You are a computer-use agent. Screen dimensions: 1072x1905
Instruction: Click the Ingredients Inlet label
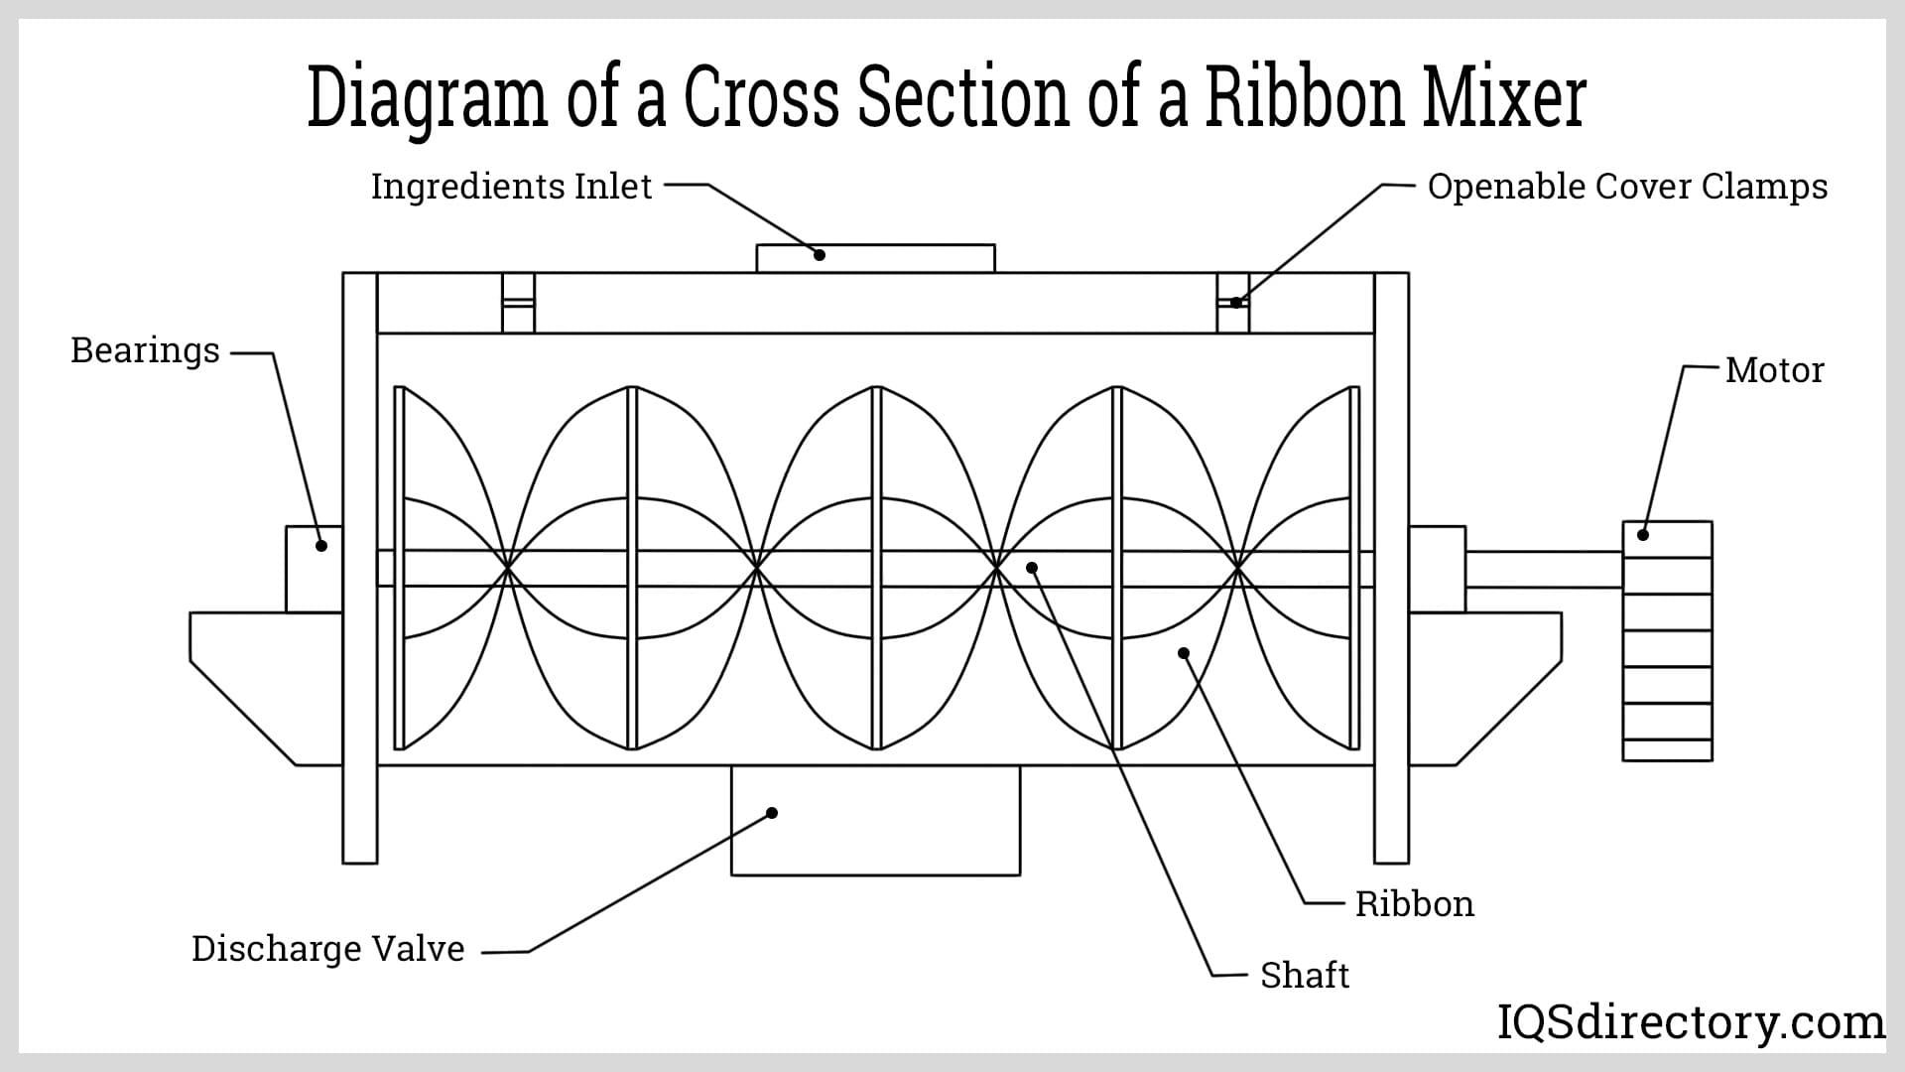(x=511, y=187)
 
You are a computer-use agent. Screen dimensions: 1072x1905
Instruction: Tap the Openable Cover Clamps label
(x=1627, y=187)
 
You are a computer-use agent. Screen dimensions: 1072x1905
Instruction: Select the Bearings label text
(x=145, y=350)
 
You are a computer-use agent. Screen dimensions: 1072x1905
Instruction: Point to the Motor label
(x=1774, y=370)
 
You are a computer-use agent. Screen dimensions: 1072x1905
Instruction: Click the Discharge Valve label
(x=327, y=949)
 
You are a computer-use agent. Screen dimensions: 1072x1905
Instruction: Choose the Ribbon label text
(x=1414, y=904)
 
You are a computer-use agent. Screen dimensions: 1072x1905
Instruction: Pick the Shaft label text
(x=1304, y=976)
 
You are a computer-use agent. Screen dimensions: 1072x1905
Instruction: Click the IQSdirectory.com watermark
(x=1690, y=1022)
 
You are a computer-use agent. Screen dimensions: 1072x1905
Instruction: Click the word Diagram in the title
(x=427, y=98)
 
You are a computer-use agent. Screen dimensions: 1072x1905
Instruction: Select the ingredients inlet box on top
(x=875, y=258)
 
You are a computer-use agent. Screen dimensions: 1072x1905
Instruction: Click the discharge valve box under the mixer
(x=875, y=820)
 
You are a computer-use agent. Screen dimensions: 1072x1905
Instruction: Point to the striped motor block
(x=1667, y=641)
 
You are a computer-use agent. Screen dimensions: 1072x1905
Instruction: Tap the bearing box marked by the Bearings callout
(x=314, y=569)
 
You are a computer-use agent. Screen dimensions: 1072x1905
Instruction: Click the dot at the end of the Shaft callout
(x=1032, y=568)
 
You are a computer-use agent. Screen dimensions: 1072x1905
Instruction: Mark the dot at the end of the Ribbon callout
(x=1183, y=653)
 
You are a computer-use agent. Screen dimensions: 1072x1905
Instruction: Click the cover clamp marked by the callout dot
(x=1232, y=302)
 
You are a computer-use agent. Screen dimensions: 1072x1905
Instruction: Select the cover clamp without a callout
(x=518, y=302)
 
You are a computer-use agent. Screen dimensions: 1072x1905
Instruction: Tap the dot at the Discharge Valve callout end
(x=772, y=813)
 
